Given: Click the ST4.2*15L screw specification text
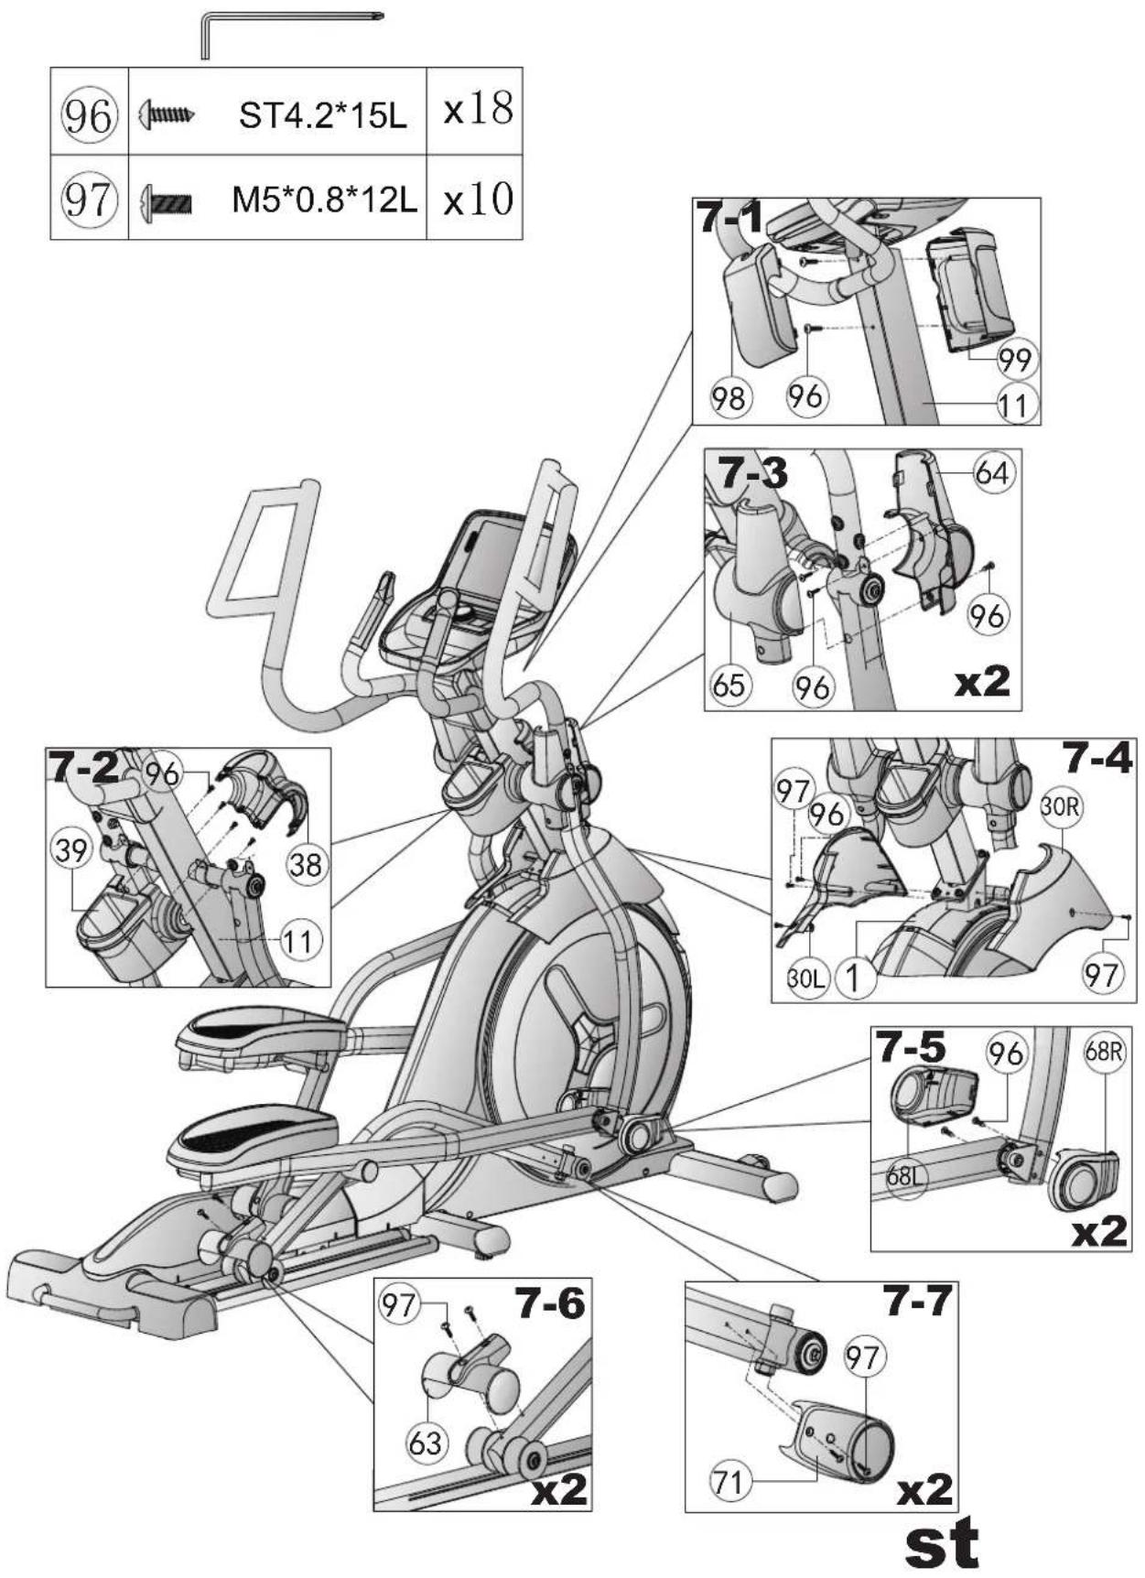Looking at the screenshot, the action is tap(323, 116).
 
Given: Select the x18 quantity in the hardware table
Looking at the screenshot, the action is tap(478, 109).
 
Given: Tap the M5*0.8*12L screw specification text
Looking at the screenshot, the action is tap(324, 200).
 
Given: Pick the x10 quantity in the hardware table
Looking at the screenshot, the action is tap(478, 200).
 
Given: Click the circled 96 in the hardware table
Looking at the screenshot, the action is tap(89, 116).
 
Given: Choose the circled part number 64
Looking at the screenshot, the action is tap(991, 473).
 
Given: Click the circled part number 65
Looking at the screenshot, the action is tap(729, 684).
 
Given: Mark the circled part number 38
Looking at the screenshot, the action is tap(306, 863).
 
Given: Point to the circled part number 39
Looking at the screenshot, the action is tap(71, 850).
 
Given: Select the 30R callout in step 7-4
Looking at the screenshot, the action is tap(1061, 807).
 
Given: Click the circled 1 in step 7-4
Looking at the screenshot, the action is tap(852, 978).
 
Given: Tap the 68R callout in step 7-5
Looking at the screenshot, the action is tap(1104, 1051).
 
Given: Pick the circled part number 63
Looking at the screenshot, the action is tap(426, 1443).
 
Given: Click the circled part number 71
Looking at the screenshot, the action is tap(729, 1480).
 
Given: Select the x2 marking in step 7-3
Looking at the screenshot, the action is tap(981, 681).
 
